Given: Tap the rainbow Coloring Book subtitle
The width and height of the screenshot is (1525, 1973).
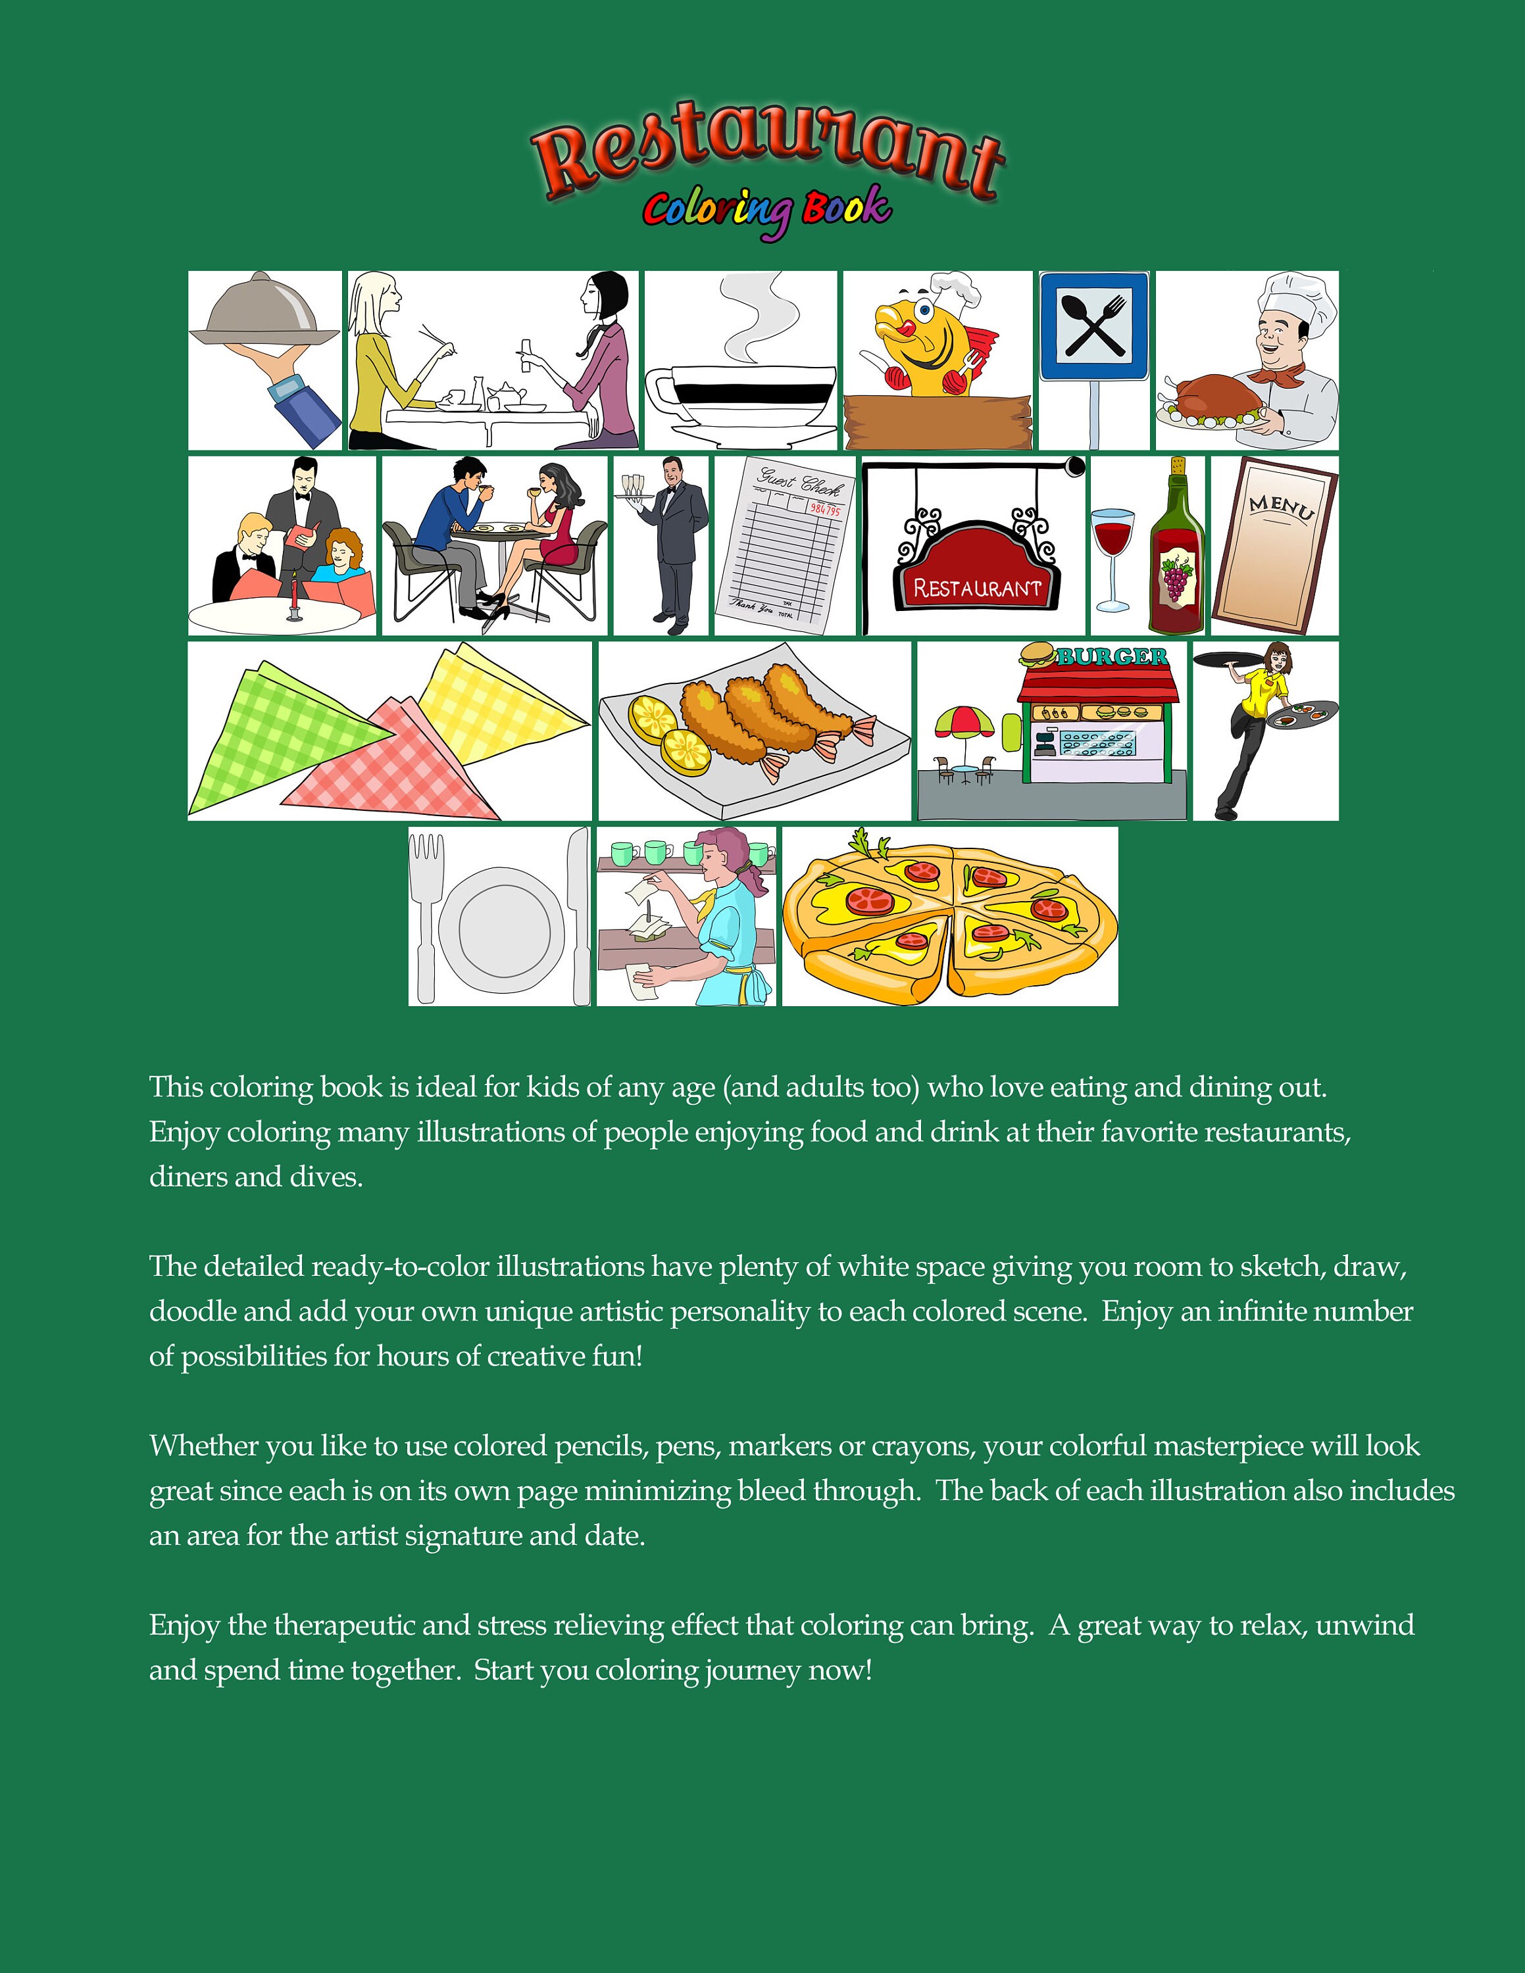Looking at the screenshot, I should pos(766,210).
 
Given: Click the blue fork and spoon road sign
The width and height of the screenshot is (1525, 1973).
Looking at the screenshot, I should pos(1093,326).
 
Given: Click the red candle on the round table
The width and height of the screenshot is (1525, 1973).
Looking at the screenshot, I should pos(295,593).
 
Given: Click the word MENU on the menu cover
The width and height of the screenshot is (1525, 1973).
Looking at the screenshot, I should pos(1281,508).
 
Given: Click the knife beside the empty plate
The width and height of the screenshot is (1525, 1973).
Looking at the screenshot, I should pos(578,912).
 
